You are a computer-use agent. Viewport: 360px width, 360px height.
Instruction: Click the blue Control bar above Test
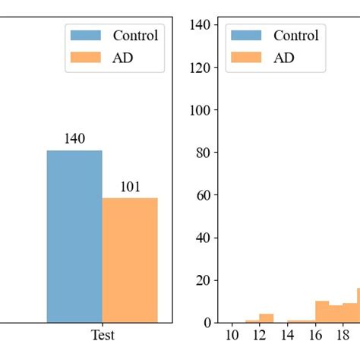74,236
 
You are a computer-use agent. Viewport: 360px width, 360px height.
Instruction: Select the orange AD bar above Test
130,260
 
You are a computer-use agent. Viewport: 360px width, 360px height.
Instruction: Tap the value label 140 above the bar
74,139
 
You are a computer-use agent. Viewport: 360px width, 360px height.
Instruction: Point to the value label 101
130,187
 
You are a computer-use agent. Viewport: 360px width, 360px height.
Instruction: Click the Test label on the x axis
103,336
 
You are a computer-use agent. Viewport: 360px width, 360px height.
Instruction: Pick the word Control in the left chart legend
135,35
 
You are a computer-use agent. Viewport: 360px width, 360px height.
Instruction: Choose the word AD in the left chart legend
123,57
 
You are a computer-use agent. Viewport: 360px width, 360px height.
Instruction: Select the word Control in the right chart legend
295,35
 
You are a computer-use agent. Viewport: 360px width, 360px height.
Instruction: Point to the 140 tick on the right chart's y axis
199,24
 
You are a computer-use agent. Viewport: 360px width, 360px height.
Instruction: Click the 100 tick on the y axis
199,110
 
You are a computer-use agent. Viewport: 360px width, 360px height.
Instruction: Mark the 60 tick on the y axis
202,195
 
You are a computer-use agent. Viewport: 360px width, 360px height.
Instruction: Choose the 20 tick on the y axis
202,280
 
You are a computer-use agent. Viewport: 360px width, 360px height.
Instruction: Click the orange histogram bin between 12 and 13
267,318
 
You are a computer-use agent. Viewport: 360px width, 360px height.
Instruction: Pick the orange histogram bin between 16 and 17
322,312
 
